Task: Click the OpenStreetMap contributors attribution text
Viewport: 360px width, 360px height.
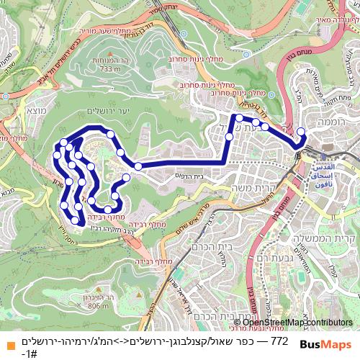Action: (301, 322)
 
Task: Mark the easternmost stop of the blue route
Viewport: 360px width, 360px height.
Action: (301, 131)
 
